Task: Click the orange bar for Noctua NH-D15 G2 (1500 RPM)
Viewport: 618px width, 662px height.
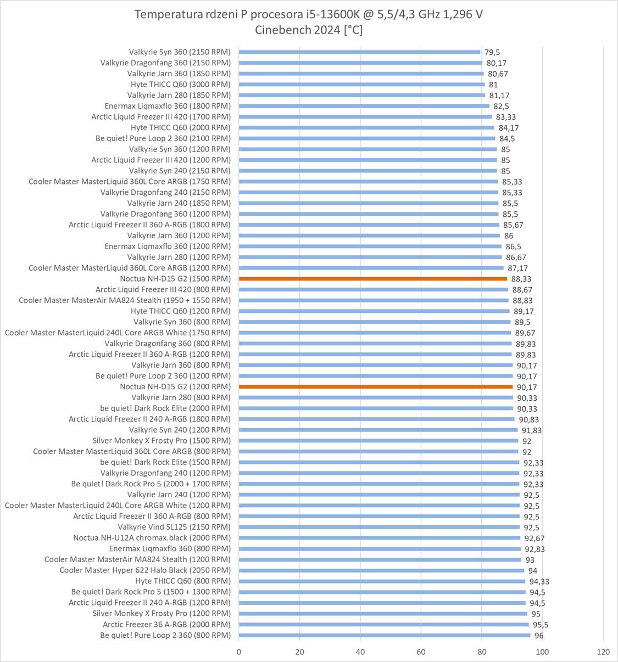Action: click(x=373, y=279)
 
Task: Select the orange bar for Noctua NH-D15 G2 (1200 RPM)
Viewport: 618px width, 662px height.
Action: click(x=376, y=387)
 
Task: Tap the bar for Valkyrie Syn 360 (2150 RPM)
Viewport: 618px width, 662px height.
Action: click(x=360, y=52)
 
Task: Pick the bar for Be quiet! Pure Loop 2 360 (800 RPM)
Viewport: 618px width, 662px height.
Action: click(x=385, y=636)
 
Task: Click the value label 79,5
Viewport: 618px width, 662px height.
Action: click(x=492, y=52)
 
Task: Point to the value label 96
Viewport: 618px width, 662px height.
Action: click(x=539, y=636)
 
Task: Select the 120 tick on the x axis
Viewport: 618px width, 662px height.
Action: click(x=603, y=652)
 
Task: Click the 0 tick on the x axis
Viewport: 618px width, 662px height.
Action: click(x=239, y=652)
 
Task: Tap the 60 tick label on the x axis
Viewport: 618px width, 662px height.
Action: click(x=421, y=652)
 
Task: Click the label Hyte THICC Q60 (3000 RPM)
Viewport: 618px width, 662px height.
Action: click(x=181, y=85)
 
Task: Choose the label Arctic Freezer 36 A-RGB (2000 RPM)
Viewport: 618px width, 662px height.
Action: click(x=166, y=625)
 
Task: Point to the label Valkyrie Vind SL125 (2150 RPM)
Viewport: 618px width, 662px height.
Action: click(x=174, y=528)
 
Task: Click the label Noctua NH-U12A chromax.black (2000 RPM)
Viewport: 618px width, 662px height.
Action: click(x=152, y=538)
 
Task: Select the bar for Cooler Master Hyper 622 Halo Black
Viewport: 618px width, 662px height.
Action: click(x=381, y=570)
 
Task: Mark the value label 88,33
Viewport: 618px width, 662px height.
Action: click(x=522, y=279)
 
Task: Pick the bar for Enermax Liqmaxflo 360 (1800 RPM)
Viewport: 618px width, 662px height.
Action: click(x=364, y=106)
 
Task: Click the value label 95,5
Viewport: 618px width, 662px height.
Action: click(x=539, y=625)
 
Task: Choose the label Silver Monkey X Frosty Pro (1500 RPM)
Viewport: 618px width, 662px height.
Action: click(x=162, y=441)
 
